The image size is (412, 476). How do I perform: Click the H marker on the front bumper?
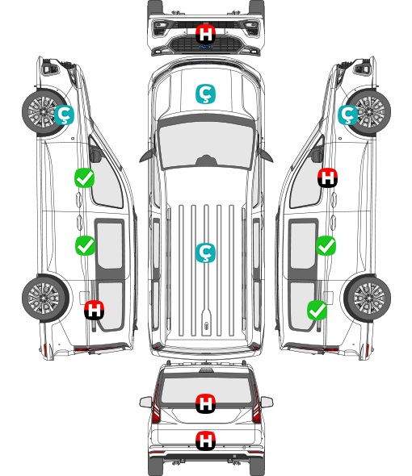click(x=205, y=34)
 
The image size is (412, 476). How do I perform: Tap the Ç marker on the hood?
click(x=205, y=94)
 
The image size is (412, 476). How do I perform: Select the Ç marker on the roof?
click(x=205, y=253)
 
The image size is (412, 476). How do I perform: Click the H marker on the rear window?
click(x=205, y=403)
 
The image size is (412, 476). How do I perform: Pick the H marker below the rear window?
click(x=205, y=441)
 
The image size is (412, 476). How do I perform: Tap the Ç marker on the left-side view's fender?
click(x=64, y=115)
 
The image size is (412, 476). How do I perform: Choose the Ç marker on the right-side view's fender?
click(x=348, y=115)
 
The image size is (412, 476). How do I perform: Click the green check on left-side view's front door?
click(x=85, y=177)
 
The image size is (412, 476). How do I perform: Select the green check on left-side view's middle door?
click(x=85, y=245)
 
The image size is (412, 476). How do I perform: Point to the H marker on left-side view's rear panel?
click(x=95, y=310)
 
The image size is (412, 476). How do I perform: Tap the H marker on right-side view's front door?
click(x=327, y=177)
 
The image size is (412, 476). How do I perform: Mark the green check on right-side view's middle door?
click(x=326, y=245)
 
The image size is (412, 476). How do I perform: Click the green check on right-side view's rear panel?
click(x=317, y=310)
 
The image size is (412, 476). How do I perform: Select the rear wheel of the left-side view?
click(x=45, y=299)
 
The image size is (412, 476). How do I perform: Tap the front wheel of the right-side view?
click(x=369, y=111)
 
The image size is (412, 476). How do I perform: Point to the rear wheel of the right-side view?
click(x=368, y=299)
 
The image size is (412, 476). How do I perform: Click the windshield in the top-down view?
click(x=206, y=144)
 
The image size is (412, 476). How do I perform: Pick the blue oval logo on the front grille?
click(x=205, y=47)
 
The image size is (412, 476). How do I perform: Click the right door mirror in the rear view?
click(x=267, y=402)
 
